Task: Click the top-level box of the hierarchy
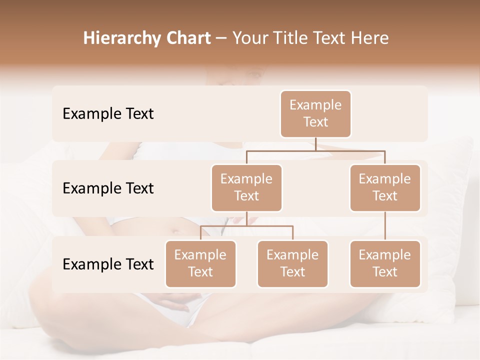315,114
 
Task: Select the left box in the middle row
246,188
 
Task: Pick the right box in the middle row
385,188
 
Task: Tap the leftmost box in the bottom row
200,264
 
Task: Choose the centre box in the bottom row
292,264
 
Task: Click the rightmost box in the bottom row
385,264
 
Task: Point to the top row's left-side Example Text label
108,114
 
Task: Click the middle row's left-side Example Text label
108,188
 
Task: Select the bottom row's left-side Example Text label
108,264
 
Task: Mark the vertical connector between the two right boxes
385,226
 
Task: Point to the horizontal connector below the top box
315,150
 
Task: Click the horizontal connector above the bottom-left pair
246,226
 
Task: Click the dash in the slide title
221,38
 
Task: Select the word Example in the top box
315,105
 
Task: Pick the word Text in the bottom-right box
385,272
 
